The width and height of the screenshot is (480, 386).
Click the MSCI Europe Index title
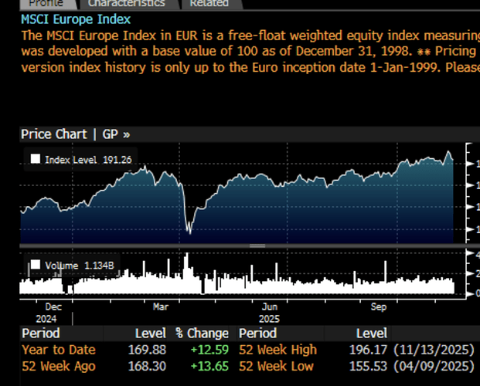tap(76, 19)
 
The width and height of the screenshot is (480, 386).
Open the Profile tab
tap(45, 3)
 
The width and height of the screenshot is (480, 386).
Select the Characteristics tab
tap(126, 3)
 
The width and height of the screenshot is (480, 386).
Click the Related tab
tap(209, 3)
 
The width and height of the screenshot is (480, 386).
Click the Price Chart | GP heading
tap(75, 134)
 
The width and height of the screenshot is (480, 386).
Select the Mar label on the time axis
tap(160, 306)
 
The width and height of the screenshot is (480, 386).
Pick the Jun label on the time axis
tap(269, 306)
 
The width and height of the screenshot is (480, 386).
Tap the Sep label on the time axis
tap(379, 306)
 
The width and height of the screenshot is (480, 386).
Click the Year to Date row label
tap(58, 350)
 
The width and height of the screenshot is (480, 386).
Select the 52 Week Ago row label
tap(58, 365)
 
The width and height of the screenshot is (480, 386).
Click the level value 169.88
tap(150, 350)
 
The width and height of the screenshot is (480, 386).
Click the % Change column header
tap(202, 334)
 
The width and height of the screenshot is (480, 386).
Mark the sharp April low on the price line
tap(189, 231)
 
